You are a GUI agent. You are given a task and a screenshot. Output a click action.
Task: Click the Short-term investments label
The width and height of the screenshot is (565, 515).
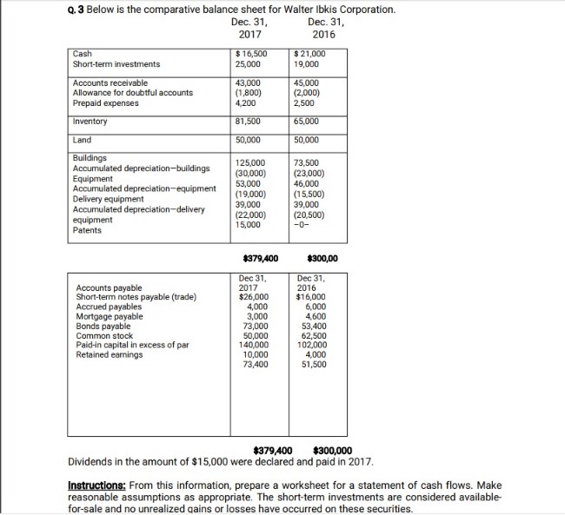[117, 64]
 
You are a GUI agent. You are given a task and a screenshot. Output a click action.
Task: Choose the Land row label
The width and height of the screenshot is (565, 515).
[83, 140]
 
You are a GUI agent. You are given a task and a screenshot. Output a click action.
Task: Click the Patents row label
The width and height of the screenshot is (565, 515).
[88, 230]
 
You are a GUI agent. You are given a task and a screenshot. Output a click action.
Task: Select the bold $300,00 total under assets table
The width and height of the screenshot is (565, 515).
[322, 259]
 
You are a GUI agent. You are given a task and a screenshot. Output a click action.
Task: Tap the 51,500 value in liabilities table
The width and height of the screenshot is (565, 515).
[311, 363]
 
